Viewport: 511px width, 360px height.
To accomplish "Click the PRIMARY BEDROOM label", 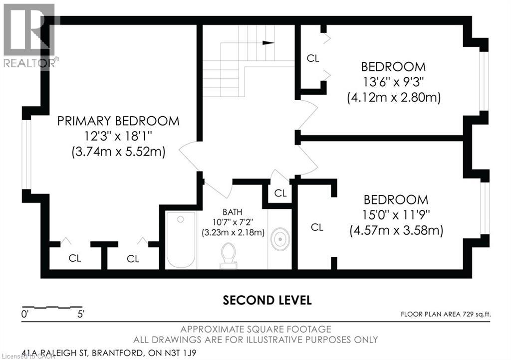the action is (x=118, y=121).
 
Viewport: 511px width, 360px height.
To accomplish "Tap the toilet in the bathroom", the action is (x=229, y=255).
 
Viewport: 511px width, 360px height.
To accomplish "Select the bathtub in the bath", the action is (x=181, y=240).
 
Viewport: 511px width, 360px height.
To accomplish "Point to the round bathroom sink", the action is (x=280, y=239).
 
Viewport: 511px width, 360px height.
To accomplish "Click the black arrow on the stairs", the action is (x=268, y=43).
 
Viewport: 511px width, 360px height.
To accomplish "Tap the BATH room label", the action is (x=233, y=212).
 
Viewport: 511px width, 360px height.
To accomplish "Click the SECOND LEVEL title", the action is (x=267, y=300).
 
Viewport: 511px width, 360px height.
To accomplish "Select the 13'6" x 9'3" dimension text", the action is (x=393, y=82).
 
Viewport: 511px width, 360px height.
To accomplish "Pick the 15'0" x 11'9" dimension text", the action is (x=396, y=215).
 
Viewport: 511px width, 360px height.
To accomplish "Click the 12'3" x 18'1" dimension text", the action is (x=118, y=136).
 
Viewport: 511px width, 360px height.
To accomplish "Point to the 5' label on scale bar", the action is (x=80, y=315).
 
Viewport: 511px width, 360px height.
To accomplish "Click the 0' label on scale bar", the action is (x=25, y=315).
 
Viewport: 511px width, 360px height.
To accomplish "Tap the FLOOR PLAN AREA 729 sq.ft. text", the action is (x=446, y=314).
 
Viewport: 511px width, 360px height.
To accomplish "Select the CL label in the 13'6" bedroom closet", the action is (x=313, y=58).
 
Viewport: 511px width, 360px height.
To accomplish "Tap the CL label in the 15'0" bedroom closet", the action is (x=317, y=227).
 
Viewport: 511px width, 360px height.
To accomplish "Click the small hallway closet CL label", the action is (x=280, y=193).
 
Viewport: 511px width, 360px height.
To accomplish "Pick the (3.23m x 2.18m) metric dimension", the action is (x=233, y=233).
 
